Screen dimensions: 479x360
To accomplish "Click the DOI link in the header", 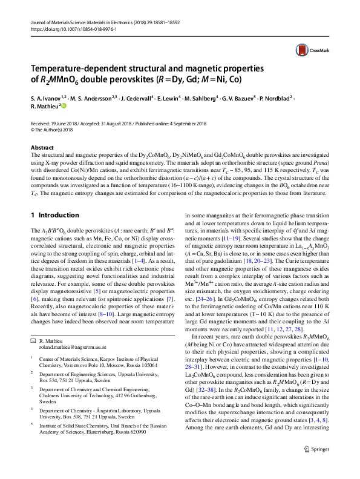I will (x=67, y=28).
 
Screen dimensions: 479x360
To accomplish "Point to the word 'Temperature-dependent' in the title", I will (x=80, y=69).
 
